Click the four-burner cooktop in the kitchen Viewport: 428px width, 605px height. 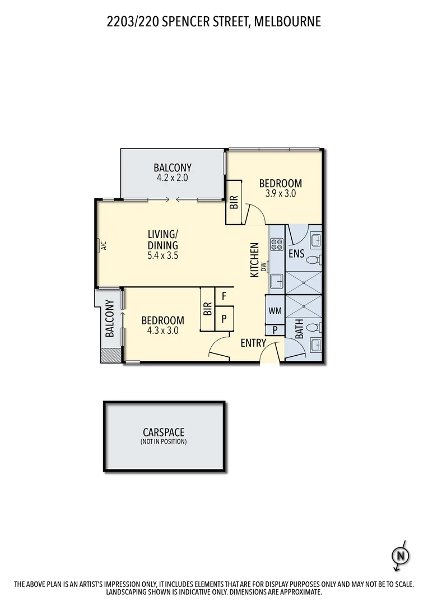pos(277,244)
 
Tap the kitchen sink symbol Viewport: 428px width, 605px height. pos(277,282)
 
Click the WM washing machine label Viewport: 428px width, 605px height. pos(275,310)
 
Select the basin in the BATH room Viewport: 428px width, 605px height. pos(315,345)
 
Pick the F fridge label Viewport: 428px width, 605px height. pos(224,296)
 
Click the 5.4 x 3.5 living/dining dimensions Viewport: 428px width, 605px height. pos(163,255)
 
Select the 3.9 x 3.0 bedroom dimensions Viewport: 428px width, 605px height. pos(280,193)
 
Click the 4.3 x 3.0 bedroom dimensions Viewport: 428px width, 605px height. pos(162,331)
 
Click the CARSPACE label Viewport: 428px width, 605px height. pos(164,432)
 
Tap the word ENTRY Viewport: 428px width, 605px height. pos(253,343)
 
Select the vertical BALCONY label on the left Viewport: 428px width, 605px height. pos(109,319)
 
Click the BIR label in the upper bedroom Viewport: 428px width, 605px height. pos(234,202)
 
